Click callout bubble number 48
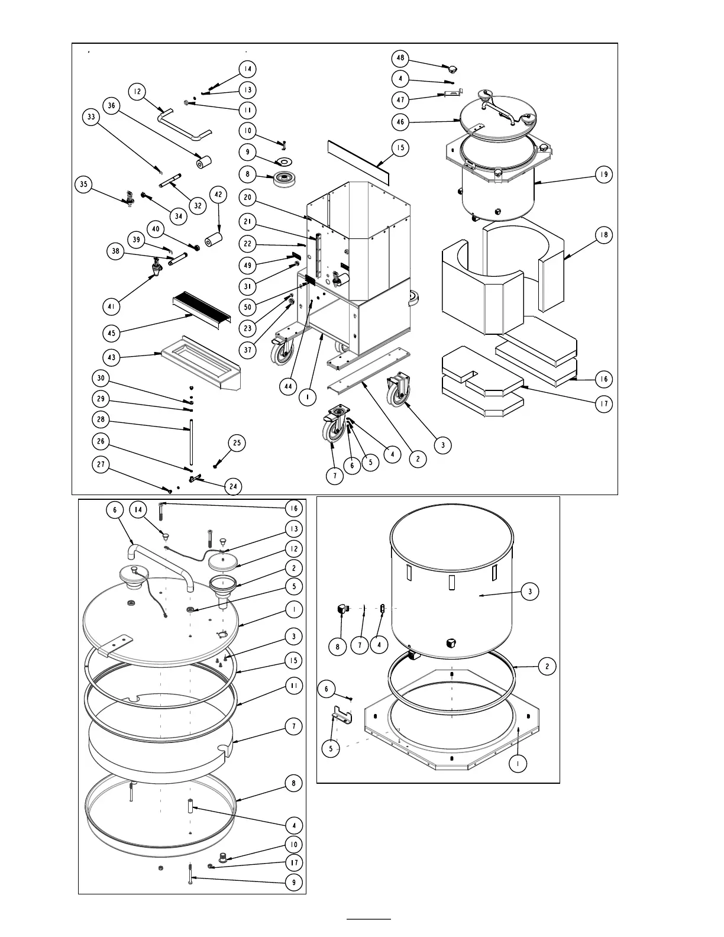tap(401, 58)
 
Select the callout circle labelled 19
tap(603, 175)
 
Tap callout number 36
tap(111, 105)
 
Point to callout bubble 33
tap(90, 117)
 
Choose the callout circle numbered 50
tap(248, 307)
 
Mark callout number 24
tap(233, 487)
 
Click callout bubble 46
tap(401, 122)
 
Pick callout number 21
tap(248, 221)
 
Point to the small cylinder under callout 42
tap(212, 241)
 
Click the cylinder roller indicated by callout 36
tap(204, 161)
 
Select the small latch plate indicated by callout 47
tap(452, 93)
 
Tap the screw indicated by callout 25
tap(215, 467)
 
